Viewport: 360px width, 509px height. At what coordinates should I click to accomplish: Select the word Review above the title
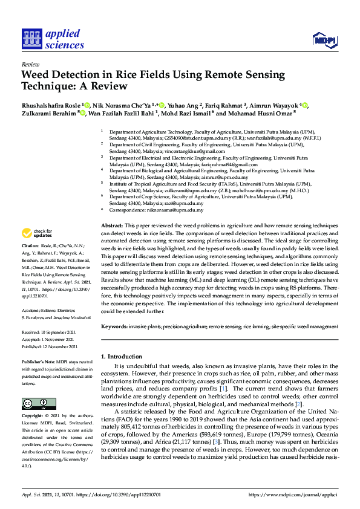tap(30, 63)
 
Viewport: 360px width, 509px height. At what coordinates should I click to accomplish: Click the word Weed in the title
tap(38, 75)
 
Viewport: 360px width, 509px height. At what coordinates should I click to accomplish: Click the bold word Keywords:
tap(114, 326)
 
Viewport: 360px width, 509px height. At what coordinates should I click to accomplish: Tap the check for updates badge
tap(37, 233)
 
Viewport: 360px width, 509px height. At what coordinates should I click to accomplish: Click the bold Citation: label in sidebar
tap(30, 247)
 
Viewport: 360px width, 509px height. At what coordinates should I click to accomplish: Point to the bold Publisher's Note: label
tap(36, 361)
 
